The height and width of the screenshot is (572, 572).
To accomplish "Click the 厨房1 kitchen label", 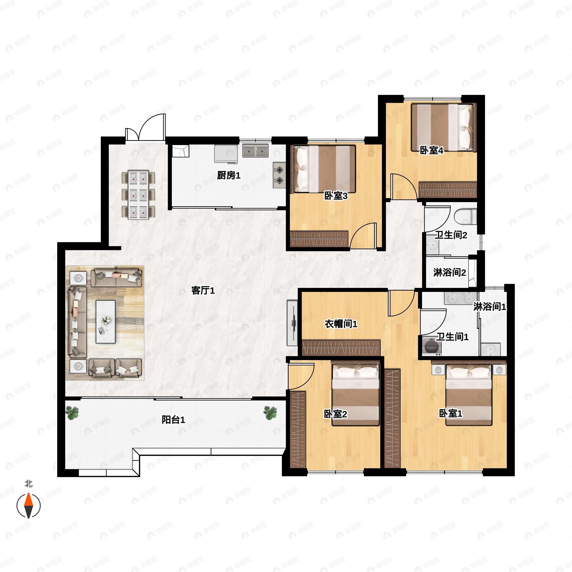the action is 229,175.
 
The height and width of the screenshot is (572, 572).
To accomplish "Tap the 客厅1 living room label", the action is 203,291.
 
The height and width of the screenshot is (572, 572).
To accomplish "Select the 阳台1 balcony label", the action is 173,419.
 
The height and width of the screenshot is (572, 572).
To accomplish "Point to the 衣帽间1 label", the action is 341,324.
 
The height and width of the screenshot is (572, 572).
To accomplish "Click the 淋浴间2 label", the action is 449,272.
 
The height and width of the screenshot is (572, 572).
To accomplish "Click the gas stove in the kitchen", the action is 279,175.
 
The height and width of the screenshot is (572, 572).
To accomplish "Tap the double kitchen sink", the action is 255,151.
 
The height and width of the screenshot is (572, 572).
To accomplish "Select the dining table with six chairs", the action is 138,195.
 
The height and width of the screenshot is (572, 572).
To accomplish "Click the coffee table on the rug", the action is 105,322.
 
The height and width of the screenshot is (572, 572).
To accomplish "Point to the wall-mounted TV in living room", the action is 292,323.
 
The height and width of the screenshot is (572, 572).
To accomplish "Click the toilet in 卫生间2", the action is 465,217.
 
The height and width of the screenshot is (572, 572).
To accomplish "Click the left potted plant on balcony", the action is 72,413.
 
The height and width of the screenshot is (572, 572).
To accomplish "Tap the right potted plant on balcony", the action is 270,413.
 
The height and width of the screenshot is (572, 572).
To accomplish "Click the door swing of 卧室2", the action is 301,376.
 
